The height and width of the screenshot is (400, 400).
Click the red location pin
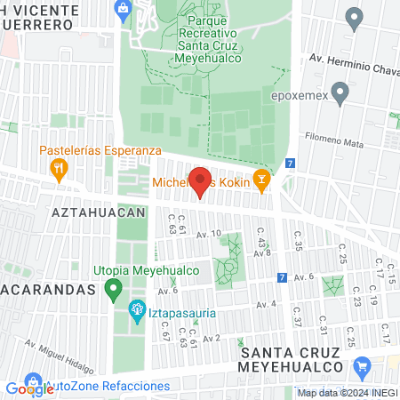(200, 180)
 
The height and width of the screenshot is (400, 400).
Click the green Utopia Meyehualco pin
(113, 289)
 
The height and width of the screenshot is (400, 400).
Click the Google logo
(29, 388)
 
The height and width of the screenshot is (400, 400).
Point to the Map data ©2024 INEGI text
(347, 393)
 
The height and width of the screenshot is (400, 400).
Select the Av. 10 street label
(209, 234)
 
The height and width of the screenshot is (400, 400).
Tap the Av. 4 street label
(267, 305)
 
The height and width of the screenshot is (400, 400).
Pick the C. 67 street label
(164, 332)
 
